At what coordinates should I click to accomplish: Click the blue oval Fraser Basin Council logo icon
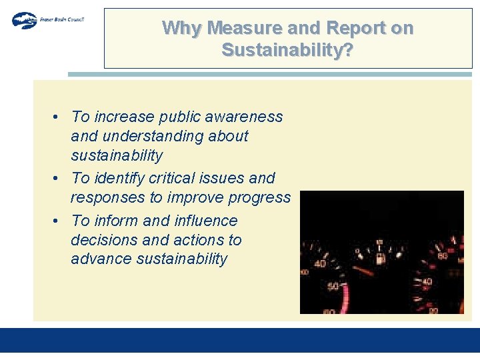(x=25, y=20)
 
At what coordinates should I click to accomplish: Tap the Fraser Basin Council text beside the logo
(x=61, y=19)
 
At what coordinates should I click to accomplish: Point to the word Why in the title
(x=183, y=28)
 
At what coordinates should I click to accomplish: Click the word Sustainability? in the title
(x=287, y=49)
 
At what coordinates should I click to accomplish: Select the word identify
(x=119, y=178)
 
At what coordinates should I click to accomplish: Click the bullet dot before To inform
(x=59, y=221)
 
